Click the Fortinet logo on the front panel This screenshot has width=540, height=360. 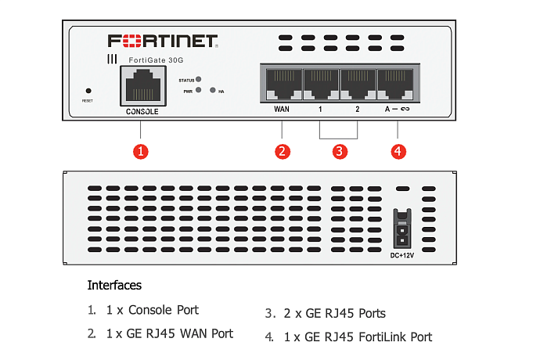(163, 41)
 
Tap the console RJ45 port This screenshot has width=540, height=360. (142, 85)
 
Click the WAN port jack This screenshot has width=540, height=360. (282, 84)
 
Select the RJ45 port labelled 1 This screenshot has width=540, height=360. (320, 84)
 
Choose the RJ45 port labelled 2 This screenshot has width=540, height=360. (358, 84)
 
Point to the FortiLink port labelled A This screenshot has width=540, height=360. (396, 84)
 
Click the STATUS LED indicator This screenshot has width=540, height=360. (200, 80)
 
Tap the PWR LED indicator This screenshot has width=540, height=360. (200, 91)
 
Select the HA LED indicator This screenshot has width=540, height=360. (212, 91)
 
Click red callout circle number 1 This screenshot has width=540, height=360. (141, 152)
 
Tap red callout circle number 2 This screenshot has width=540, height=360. (283, 152)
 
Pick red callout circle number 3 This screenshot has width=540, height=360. (339, 152)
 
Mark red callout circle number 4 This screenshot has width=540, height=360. (398, 152)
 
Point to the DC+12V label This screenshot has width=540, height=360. (402, 255)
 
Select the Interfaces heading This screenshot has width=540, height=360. (114, 285)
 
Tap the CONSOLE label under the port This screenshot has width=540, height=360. (142, 112)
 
